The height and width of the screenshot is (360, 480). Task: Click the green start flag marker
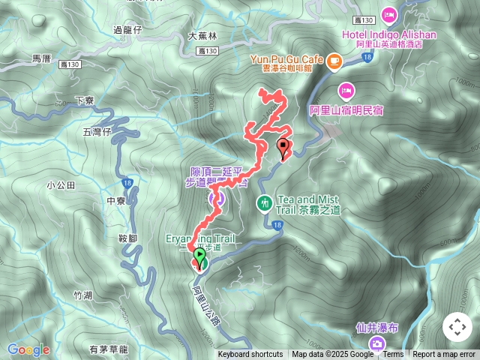pyautogui.click(x=200, y=257)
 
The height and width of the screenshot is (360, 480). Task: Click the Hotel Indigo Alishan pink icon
pyautogui.click(x=388, y=13)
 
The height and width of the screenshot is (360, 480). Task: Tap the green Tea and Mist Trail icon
pyautogui.click(x=264, y=202)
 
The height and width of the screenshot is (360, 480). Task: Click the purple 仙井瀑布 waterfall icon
pyautogui.click(x=376, y=343)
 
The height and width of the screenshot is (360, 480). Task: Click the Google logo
pyautogui.click(x=28, y=349)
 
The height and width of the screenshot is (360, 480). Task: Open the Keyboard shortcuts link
pyautogui.click(x=250, y=355)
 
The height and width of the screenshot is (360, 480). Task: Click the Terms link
pyautogui.click(x=393, y=355)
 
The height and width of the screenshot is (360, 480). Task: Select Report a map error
pyautogui.click(x=444, y=355)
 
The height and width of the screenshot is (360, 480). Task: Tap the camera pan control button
pyautogui.click(x=457, y=327)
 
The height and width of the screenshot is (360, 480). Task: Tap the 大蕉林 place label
pyautogui.click(x=202, y=35)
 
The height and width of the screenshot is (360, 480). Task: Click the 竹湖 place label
pyautogui.click(x=82, y=295)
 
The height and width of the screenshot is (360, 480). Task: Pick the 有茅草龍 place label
pyautogui.click(x=109, y=349)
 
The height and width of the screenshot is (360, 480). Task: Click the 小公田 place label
pyautogui.click(x=61, y=184)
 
